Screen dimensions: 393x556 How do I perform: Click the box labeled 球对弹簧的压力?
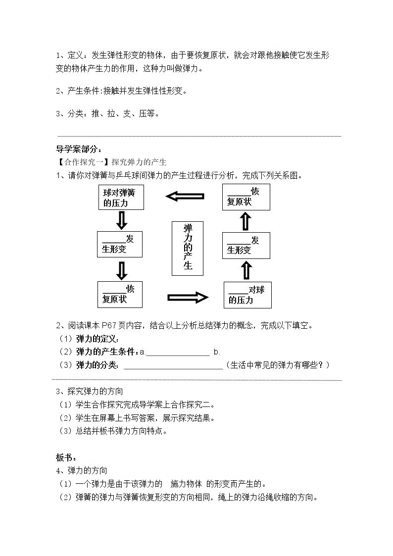(x=121, y=197)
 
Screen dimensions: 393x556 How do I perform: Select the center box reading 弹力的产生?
(x=188, y=248)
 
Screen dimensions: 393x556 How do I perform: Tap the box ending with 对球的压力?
(x=247, y=295)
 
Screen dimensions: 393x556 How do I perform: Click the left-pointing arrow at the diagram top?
(x=185, y=196)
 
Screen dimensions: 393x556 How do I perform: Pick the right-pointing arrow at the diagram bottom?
(x=188, y=297)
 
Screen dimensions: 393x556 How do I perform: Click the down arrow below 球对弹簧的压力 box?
(x=122, y=220)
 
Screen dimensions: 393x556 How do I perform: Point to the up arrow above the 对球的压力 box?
(x=246, y=271)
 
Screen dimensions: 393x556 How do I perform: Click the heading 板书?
(x=66, y=457)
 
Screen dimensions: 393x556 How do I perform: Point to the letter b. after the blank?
(x=217, y=352)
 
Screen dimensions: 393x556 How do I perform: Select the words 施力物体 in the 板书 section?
(x=186, y=484)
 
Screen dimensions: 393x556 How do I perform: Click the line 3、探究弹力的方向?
(x=90, y=392)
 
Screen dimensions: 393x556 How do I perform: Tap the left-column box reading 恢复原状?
(x=120, y=294)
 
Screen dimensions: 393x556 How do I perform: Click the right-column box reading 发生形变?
(x=246, y=246)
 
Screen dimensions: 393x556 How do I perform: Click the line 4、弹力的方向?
(x=82, y=470)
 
